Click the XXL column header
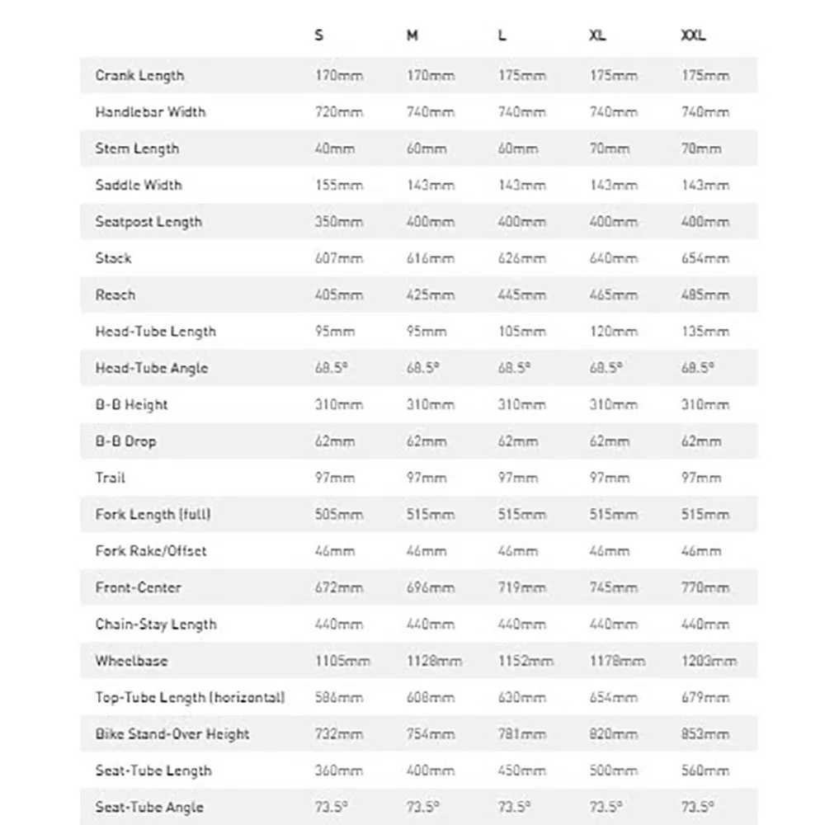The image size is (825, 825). click(693, 36)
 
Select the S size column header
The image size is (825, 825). click(319, 36)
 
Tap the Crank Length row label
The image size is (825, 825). click(139, 76)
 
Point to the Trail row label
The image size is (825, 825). click(111, 478)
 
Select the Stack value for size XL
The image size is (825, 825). click(613, 258)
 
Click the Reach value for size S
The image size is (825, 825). click(339, 295)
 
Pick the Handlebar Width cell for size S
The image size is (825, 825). click(339, 112)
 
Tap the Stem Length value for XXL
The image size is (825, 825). click(700, 148)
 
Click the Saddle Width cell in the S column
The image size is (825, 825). click(339, 185)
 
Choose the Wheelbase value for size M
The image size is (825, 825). click(434, 661)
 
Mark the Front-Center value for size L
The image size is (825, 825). click(521, 587)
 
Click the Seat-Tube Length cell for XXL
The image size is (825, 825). click(705, 771)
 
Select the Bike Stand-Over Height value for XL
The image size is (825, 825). click(613, 734)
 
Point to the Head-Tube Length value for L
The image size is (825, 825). click(521, 332)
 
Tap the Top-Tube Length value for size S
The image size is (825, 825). click(339, 698)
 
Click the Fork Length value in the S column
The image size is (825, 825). click(339, 515)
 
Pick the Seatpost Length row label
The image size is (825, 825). click(148, 222)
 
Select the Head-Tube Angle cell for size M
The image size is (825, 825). click(422, 368)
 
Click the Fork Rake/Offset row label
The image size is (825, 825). click(151, 551)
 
